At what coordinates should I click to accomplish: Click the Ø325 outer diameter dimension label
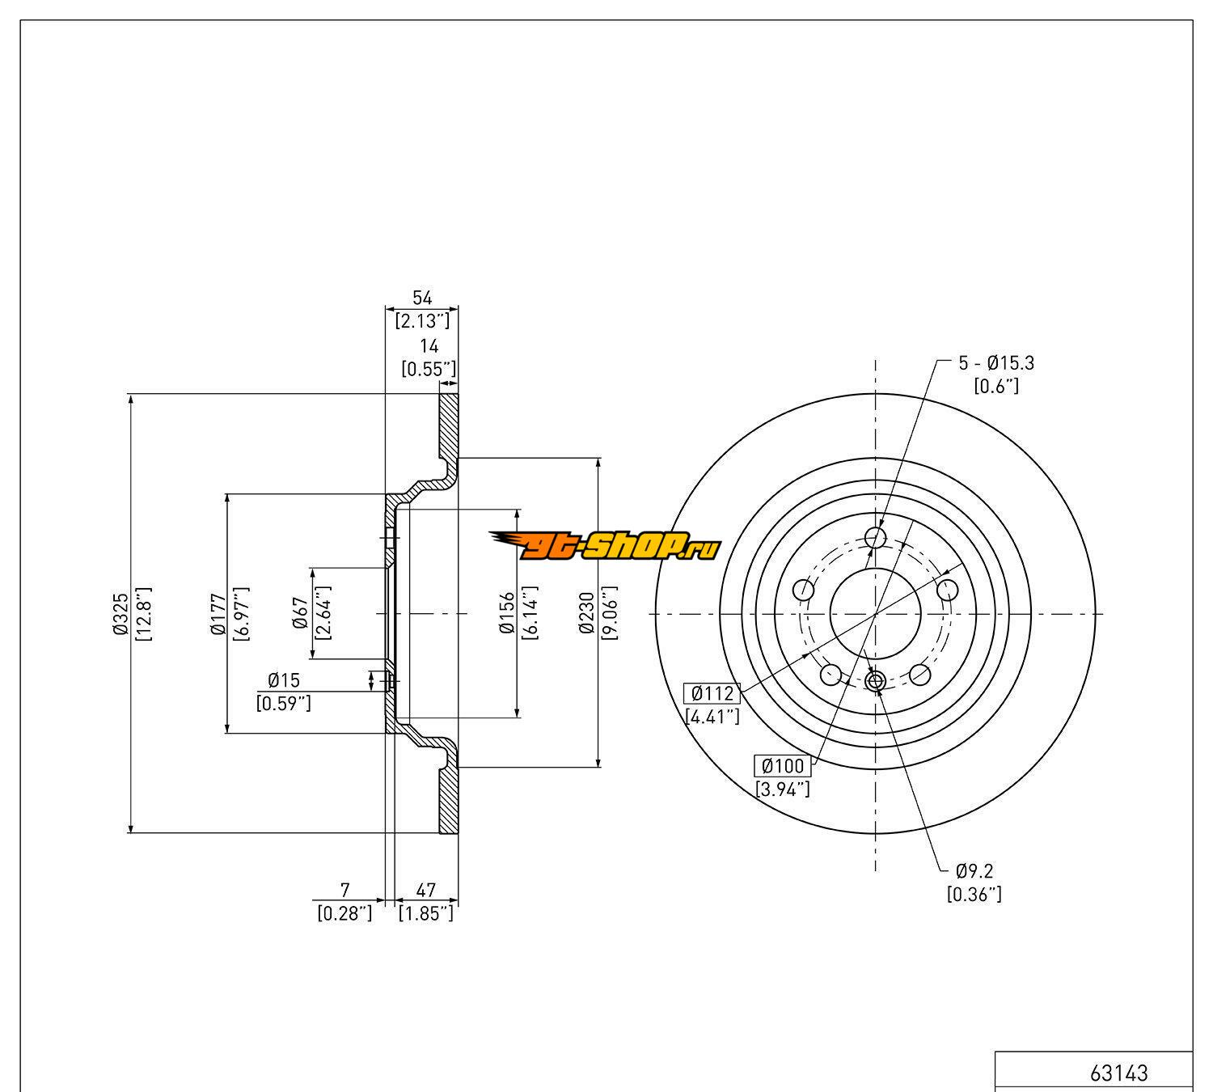pyautogui.click(x=121, y=613)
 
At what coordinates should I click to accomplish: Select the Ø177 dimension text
pyautogui.click(x=218, y=614)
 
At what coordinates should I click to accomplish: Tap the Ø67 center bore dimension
pyautogui.click(x=301, y=613)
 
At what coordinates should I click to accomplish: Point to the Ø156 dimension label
pyautogui.click(x=507, y=613)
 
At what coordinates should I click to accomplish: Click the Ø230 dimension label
pyautogui.click(x=586, y=613)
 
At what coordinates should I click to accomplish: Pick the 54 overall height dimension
pyautogui.click(x=422, y=298)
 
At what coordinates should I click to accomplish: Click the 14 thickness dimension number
pyautogui.click(x=429, y=346)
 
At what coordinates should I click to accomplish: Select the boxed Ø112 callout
pyautogui.click(x=712, y=693)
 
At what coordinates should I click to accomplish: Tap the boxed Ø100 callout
pyautogui.click(x=783, y=766)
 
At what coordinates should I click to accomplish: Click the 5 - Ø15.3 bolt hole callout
pyautogui.click(x=996, y=363)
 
